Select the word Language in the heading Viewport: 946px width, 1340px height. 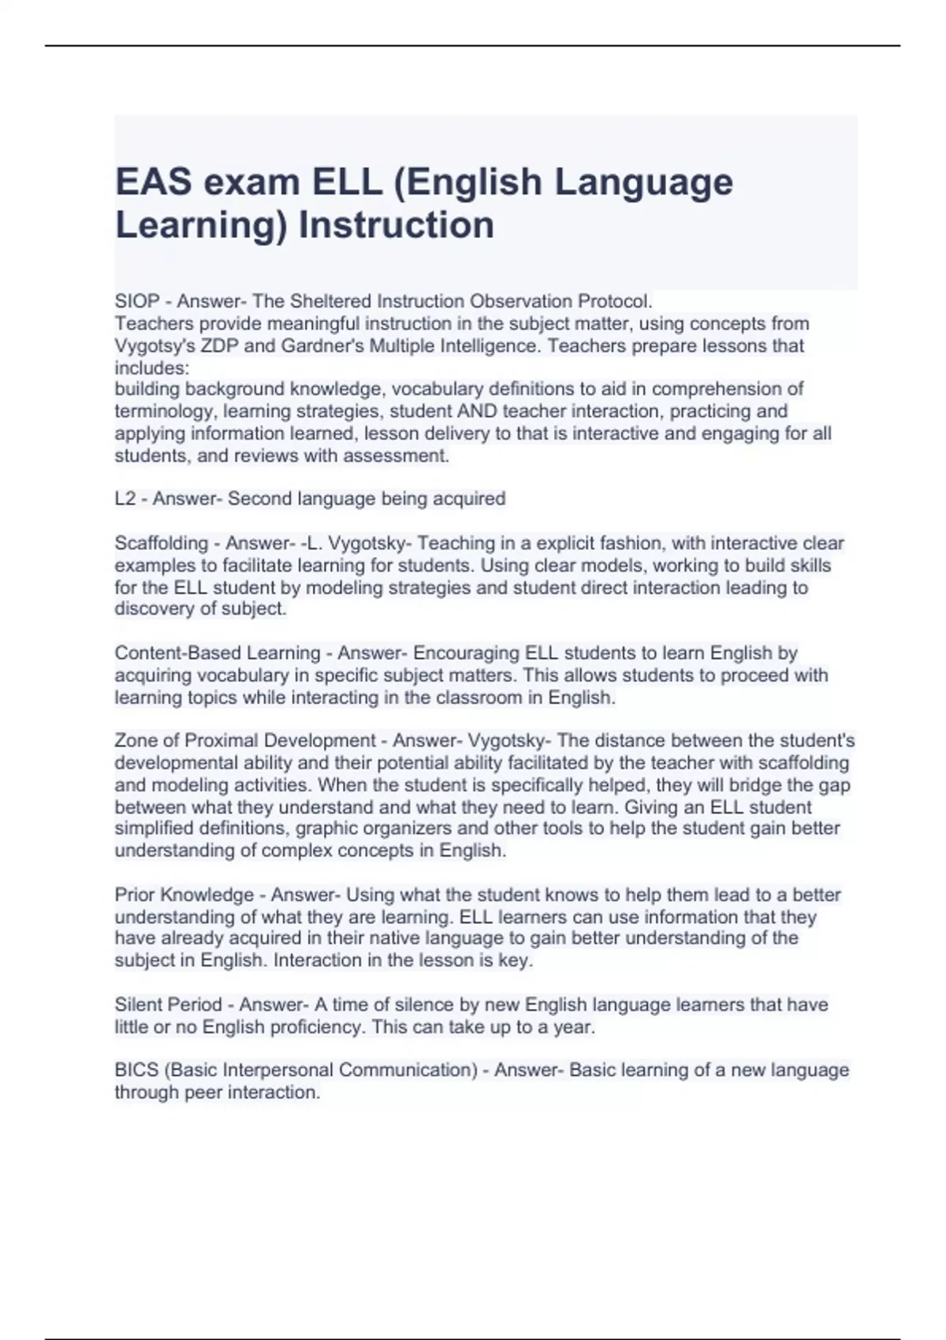pos(643,183)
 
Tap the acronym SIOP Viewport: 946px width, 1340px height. pos(137,301)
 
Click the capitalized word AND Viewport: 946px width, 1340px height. pos(476,411)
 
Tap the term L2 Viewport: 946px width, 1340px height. pos(125,499)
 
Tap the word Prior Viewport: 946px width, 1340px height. pos(135,895)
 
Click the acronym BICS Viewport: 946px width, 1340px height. pos(136,1070)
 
